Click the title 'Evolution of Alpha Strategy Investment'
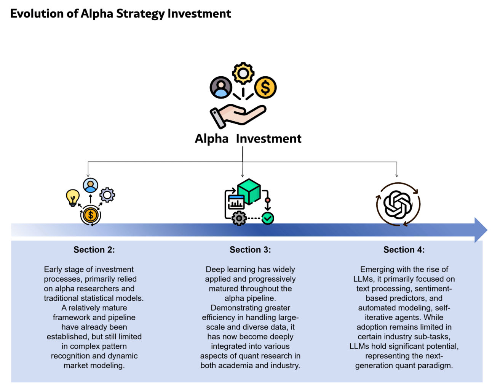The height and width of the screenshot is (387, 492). click(120, 14)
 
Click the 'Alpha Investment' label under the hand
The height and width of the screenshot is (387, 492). click(248, 139)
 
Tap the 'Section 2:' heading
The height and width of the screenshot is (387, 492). click(94, 250)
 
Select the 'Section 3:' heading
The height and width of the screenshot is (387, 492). click(250, 250)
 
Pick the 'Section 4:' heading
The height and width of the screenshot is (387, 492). click(404, 250)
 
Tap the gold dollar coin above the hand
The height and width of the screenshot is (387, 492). click(265, 87)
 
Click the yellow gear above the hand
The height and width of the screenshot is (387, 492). click(243, 73)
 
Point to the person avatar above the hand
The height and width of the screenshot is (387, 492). click(221, 87)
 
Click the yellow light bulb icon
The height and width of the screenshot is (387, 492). click(73, 197)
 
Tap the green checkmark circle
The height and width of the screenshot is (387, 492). click(268, 218)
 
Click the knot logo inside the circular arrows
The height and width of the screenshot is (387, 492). click(398, 205)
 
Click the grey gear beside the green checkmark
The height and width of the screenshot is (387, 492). click(239, 218)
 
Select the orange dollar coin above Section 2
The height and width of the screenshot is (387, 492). click(91, 215)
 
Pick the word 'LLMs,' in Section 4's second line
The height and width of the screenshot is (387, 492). click(364, 279)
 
